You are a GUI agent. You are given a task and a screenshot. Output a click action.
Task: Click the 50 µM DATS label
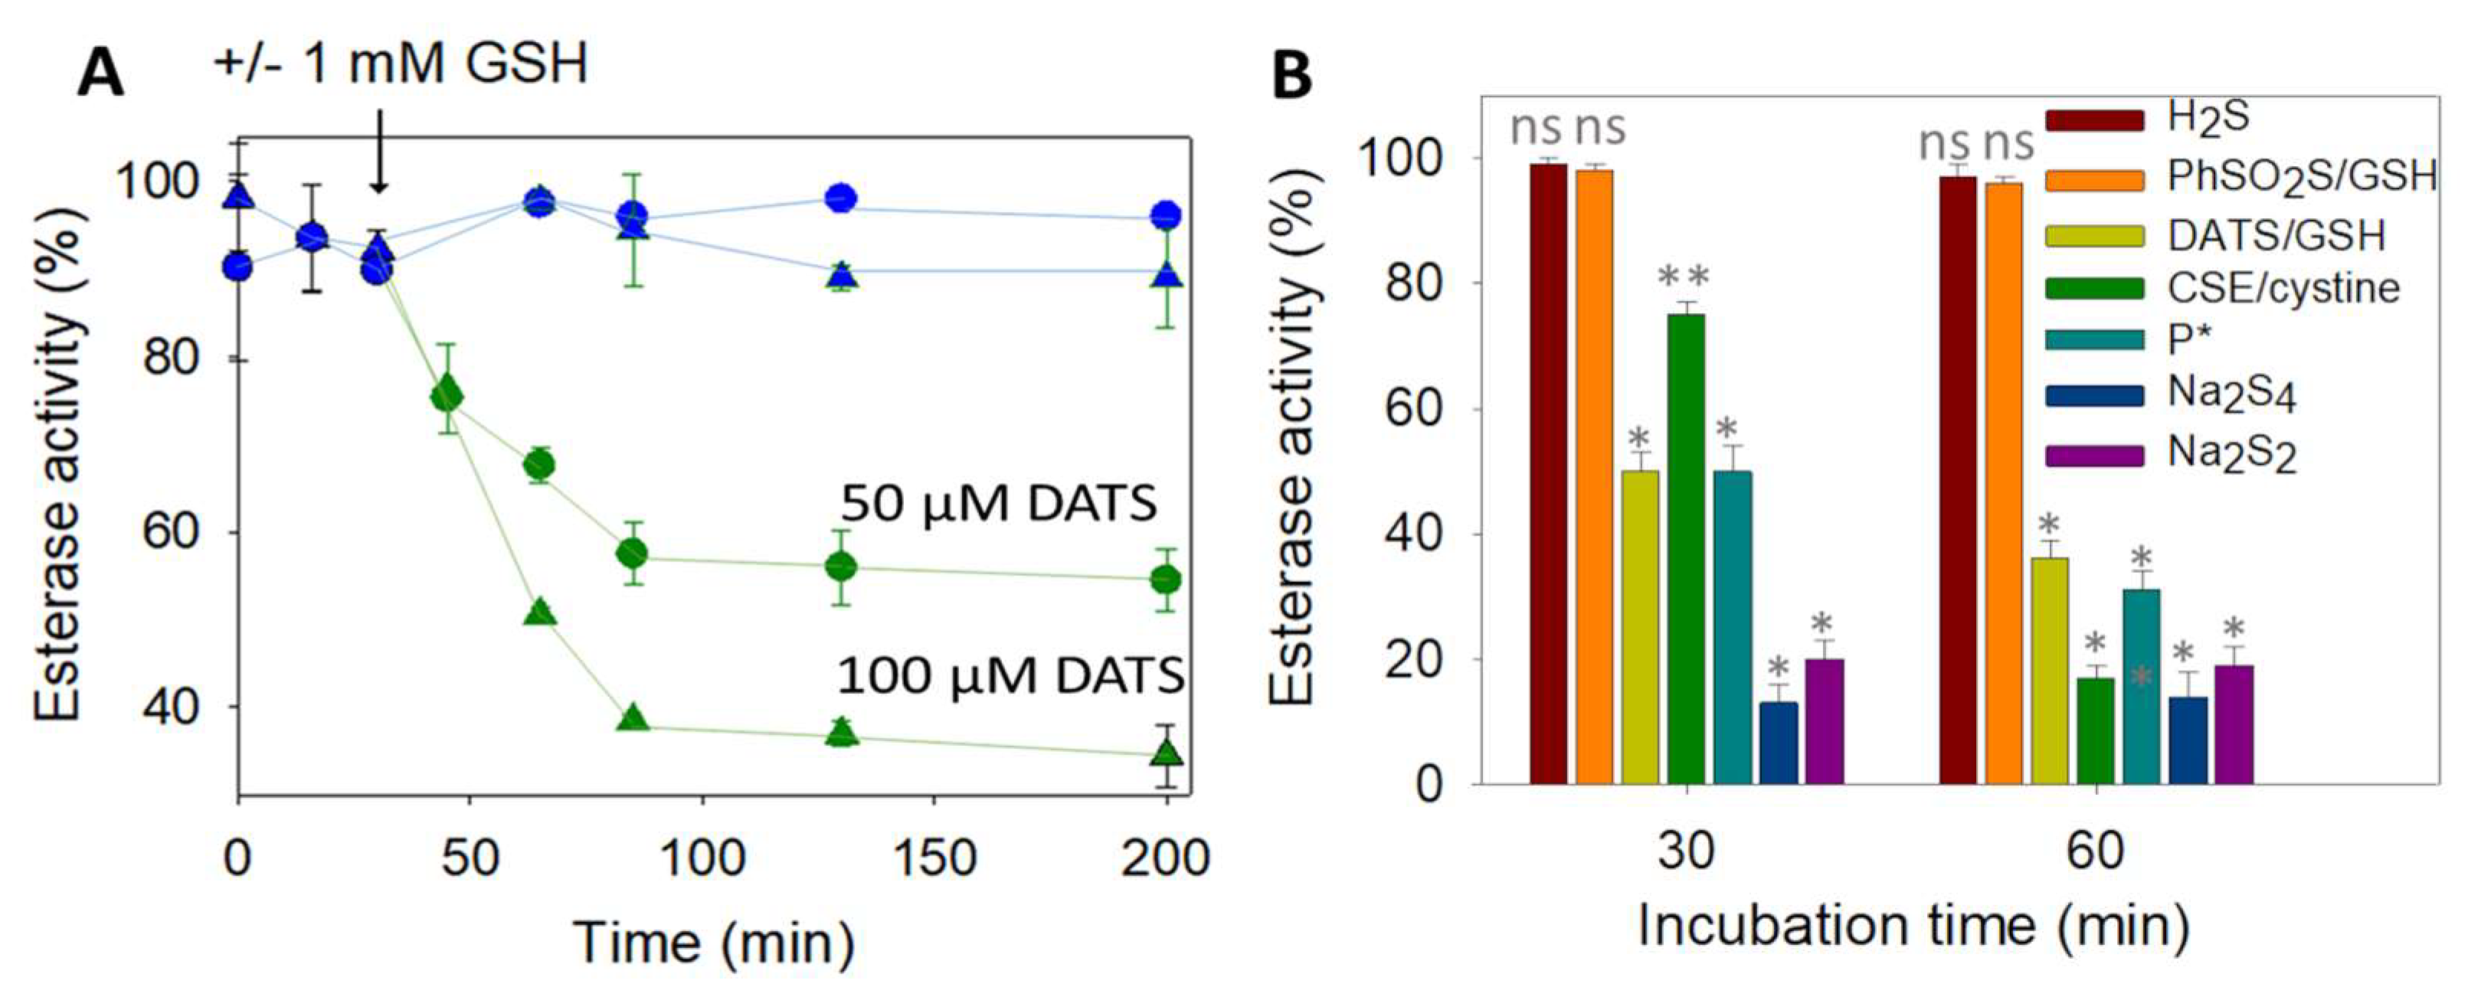(999, 504)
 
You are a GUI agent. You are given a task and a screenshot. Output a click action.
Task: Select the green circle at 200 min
(1167, 579)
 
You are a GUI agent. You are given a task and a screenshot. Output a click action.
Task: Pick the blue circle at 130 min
(842, 198)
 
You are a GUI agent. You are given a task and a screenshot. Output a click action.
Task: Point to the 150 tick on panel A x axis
(934, 858)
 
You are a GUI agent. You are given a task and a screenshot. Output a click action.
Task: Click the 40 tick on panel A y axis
(172, 706)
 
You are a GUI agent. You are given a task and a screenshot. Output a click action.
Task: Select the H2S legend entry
(2148, 119)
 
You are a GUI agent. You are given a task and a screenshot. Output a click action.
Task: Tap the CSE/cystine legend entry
(2215, 287)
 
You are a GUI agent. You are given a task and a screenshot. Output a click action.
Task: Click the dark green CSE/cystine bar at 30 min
(1687, 549)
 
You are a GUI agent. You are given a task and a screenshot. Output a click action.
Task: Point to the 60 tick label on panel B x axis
(2096, 852)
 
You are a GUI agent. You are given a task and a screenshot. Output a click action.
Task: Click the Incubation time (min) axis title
(1913, 927)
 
